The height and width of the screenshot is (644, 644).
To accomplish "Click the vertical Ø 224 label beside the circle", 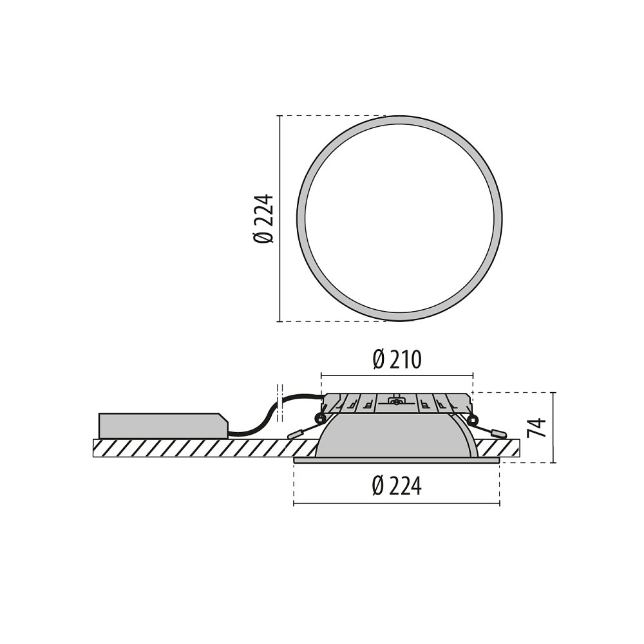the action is pyautogui.click(x=263, y=219).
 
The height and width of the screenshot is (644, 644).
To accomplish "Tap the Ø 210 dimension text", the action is pyautogui.click(x=397, y=360).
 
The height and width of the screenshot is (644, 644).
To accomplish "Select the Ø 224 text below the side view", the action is pyautogui.click(x=397, y=486).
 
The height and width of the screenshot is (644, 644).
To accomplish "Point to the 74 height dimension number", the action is pyautogui.click(x=537, y=428).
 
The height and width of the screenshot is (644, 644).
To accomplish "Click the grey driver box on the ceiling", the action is pyautogui.click(x=163, y=426).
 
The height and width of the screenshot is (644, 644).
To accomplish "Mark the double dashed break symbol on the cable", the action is pyautogui.click(x=281, y=402).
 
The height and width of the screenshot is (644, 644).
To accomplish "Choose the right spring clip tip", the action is pyautogui.click(x=498, y=433).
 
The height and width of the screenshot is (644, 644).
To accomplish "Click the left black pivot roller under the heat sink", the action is pyautogui.click(x=319, y=419).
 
